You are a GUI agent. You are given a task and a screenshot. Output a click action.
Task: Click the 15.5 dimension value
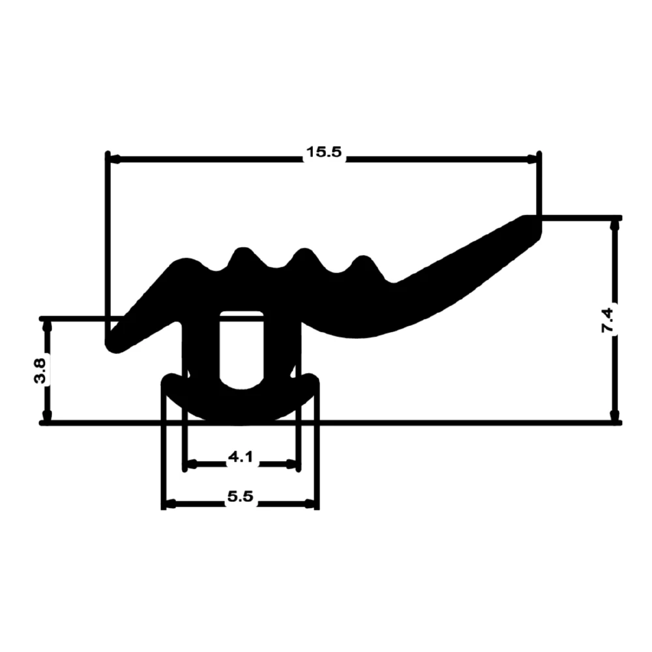click(323, 152)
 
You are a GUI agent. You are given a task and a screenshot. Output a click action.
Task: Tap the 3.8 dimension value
click(40, 371)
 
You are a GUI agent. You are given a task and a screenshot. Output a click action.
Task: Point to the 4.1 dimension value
click(241, 458)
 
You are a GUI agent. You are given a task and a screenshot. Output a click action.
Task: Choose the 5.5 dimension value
click(241, 496)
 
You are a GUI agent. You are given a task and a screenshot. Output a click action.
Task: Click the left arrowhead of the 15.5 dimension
click(115, 159)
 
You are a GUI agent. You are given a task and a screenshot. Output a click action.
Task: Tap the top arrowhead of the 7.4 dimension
click(615, 226)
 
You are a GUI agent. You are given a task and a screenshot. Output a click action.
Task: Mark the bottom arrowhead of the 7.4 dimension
click(615, 415)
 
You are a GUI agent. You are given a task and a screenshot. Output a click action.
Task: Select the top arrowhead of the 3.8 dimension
click(48, 327)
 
